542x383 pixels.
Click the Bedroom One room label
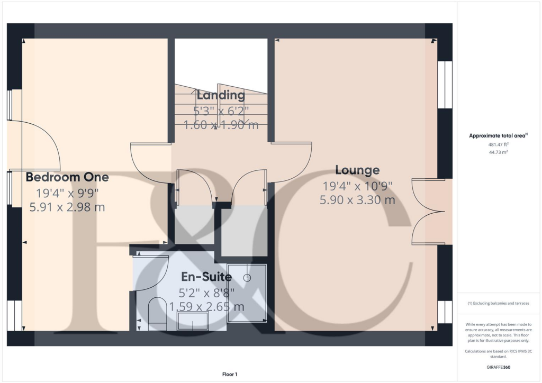click(67, 177)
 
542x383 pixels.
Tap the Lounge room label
click(357, 170)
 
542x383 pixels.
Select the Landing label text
click(221, 96)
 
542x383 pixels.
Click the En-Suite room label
click(206, 277)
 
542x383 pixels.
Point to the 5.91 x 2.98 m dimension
click(67, 207)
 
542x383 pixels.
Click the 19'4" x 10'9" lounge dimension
click(357, 186)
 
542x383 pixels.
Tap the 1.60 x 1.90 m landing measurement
click(221, 125)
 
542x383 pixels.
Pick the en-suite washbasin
click(193, 321)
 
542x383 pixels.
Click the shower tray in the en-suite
click(247, 292)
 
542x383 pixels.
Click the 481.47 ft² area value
click(499, 144)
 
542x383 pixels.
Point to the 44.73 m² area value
click(499, 152)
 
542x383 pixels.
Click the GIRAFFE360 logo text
click(499, 367)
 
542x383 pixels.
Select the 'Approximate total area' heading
click(498, 136)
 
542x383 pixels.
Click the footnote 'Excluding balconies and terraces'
click(499, 303)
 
